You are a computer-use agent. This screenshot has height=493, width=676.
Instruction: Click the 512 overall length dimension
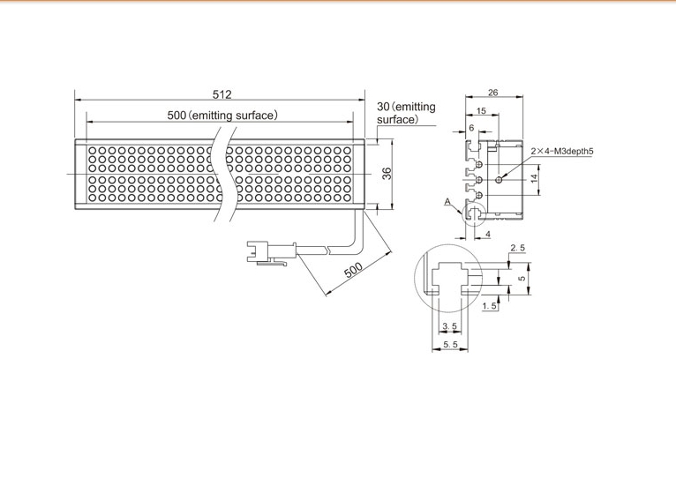pyautogui.click(x=222, y=94)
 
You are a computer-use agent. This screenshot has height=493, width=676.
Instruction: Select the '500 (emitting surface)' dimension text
pyautogui.click(x=222, y=116)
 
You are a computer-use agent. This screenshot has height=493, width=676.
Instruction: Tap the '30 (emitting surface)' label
pyautogui.click(x=406, y=113)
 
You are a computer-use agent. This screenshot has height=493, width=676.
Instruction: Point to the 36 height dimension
pyautogui.click(x=387, y=173)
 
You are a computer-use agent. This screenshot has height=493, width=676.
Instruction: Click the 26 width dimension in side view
pyautogui.click(x=492, y=93)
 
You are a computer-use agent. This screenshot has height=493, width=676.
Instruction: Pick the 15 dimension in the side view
pyautogui.click(x=481, y=111)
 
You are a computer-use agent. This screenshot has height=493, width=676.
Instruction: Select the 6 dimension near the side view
pyautogui.click(x=471, y=128)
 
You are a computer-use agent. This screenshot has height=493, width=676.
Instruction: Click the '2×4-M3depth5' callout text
pyautogui.click(x=562, y=151)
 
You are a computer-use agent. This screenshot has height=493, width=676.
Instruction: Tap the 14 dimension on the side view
pyautogui.click(x=535, y=178)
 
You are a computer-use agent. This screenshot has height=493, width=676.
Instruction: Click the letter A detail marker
pyautogui.click(x=447, y=202)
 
